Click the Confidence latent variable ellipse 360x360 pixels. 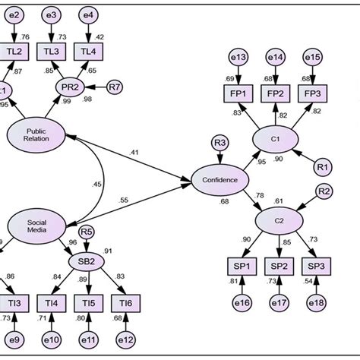click(x=220, y=180)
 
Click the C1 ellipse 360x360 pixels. click(x=276, y=141)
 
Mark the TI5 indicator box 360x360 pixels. click(x=88, y=304)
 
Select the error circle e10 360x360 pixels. click(x=52, y=339)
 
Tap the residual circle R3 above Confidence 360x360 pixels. click(x=220, y=141)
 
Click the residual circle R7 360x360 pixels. click(x=114, y=87)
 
